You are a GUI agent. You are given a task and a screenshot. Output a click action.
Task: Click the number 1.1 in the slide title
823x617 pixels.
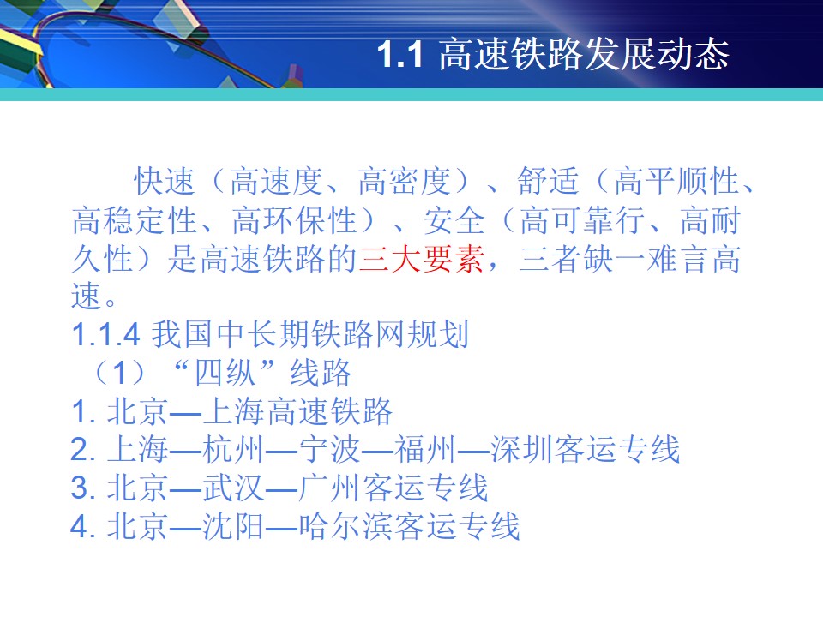pos(400,54)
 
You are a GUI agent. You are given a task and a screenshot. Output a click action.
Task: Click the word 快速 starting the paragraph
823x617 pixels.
pos(165,181)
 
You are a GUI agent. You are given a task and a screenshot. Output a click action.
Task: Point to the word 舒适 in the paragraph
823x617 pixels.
pos(548,181)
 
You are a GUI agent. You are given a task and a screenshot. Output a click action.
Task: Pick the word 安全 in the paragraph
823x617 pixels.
pos(454,220)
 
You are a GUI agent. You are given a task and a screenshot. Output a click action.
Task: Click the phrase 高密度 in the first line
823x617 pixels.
pos(405,181)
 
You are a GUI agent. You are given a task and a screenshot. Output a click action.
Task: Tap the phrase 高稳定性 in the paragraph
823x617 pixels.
pos(135,220)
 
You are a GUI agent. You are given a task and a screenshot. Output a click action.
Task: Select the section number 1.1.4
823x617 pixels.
pos(105,335)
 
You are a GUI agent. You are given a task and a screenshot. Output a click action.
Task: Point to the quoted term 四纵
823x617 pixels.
pos(225,373)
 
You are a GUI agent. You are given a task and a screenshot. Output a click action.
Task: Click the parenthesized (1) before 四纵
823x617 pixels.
pos(120,373)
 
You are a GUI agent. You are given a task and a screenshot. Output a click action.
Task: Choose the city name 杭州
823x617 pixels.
pos(233,450)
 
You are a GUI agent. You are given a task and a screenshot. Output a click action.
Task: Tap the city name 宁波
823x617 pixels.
pos(329,450)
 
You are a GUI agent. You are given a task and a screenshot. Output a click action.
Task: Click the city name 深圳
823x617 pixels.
pos(521,450)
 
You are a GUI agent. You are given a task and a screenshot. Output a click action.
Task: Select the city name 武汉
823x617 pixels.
pos(233,488)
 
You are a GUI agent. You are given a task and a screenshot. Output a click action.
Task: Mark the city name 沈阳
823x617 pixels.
pos(233,526)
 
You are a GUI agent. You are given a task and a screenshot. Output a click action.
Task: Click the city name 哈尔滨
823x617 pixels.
pos(345,526)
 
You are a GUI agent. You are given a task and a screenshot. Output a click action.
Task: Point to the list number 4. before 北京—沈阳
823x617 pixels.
pos(83,527)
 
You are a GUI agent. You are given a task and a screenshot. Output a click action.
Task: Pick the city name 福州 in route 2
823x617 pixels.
pos(425,450)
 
